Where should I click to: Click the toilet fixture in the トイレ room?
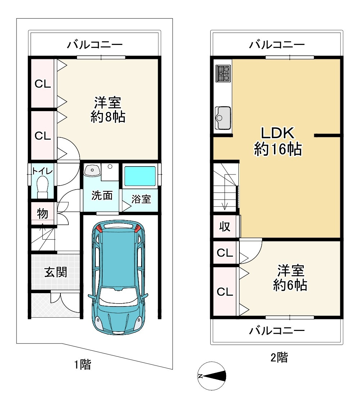tap(42, 186)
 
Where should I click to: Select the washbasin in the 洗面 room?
tap(92, 170)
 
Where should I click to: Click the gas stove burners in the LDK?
tap(223, 73)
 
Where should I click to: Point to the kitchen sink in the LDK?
tap(223, 117)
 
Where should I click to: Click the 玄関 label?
tap(55, 272)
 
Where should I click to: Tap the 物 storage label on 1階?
tap(42, 214)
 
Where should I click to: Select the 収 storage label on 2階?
tap(225, 227)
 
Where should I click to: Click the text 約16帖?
tap(278, 149)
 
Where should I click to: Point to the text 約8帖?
tap(108, 117)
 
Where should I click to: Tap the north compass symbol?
tap(212, 376)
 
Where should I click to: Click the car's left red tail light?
tap(100, 228)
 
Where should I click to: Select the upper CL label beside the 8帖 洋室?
tap(42, 84)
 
